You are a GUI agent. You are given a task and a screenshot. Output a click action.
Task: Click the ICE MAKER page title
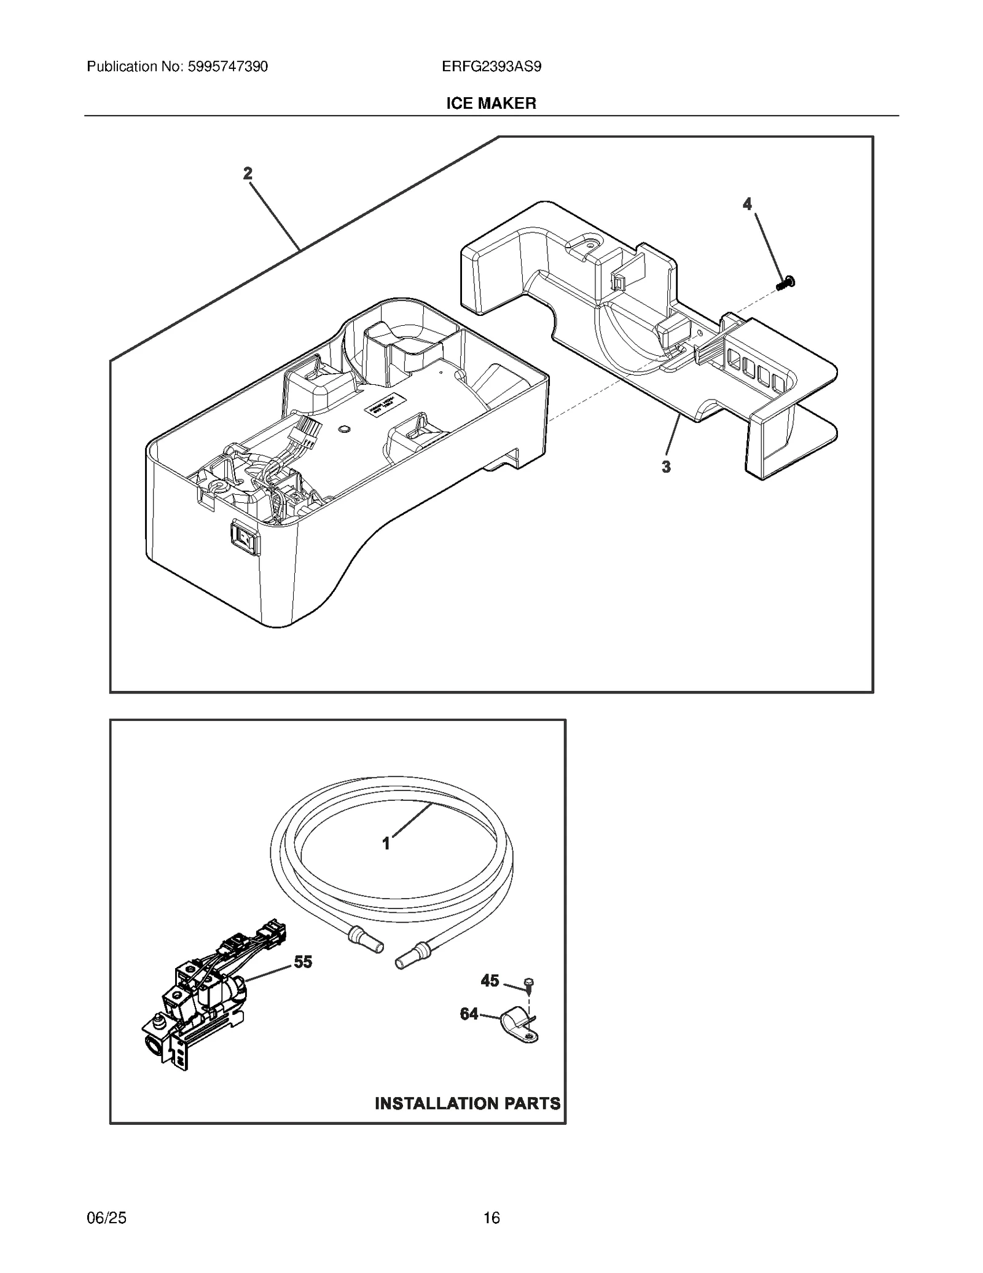[491, 103]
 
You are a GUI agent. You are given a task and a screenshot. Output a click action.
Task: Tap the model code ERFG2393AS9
[491, 66]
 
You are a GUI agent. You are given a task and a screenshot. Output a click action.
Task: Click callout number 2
[248, 174]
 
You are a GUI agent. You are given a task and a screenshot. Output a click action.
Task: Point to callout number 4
[747, 204]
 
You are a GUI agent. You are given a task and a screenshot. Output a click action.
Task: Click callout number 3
[666, 467]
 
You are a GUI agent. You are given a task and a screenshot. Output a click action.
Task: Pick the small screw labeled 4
[785, 283]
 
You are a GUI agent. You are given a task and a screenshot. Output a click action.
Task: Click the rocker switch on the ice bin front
[245, 535]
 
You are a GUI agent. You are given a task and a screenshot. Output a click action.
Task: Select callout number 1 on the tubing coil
[386, 844]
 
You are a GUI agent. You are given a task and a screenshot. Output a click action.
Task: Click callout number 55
[303, 962]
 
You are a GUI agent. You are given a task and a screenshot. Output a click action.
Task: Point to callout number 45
[490, 980]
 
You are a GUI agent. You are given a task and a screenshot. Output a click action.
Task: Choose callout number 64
[469, 1014]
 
